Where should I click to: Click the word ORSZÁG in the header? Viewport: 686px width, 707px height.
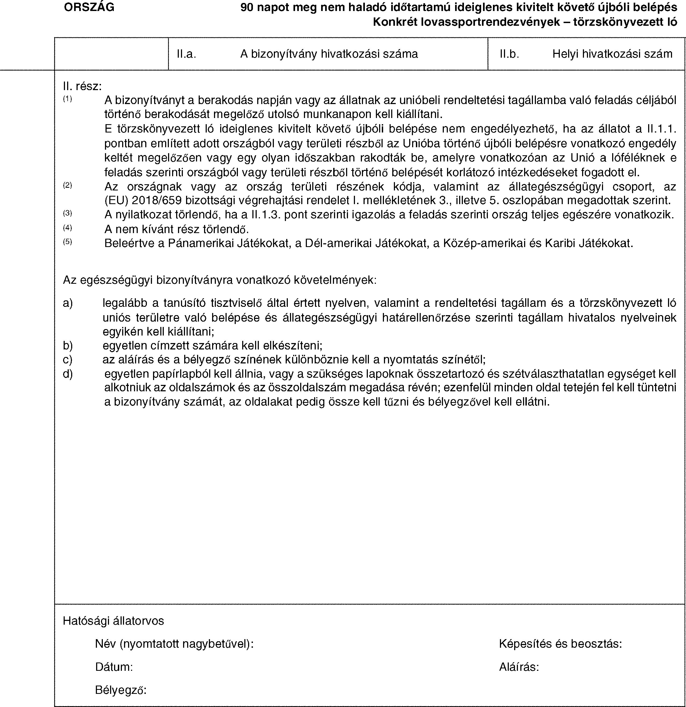point(89,7)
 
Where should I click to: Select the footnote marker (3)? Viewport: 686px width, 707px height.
point(67,213)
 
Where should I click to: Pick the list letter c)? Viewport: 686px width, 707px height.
point(67,360)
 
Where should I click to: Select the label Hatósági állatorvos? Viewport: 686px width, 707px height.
point(113,621)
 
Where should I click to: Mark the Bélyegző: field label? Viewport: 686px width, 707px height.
point(121,690)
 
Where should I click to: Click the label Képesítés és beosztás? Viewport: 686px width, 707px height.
point(560,643)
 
